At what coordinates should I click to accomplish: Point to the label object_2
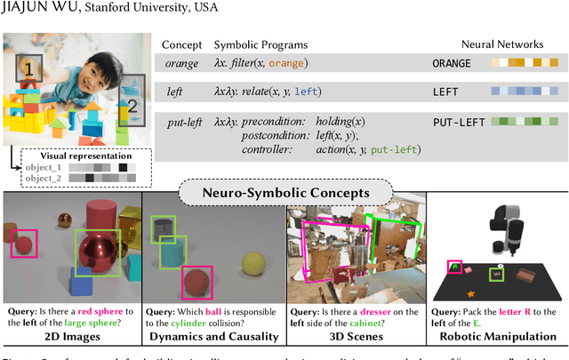tap(42, 178)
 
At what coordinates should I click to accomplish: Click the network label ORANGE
tap(454, 63)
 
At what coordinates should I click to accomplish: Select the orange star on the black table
tap(469, 293)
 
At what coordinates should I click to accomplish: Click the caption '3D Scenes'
tap(356, 336)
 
